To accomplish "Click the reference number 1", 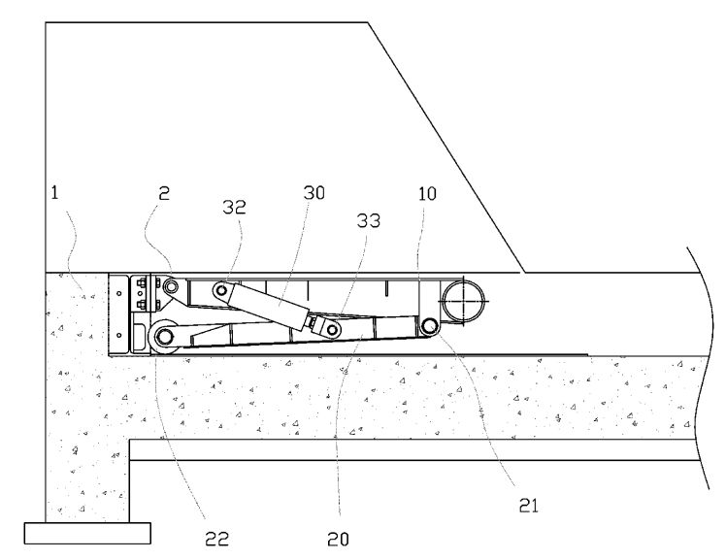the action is (x=54, y=192).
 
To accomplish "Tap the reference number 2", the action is (x=164, y=193).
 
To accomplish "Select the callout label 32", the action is (x=234, y=207).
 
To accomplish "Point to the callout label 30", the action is (x=313, y=192).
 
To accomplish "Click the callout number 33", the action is (x=369, y=220).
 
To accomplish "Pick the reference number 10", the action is (x=427, y=194).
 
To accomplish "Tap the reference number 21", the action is (x=529, y=506).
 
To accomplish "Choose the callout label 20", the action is (x=338, y=540).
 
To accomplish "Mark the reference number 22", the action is (x=216, y=539).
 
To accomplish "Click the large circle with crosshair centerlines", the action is (x=464, y=301).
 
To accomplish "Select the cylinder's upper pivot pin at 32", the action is (x=222, y=290).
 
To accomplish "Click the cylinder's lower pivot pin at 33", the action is (x=332, y=330).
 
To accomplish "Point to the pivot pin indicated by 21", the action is (x=430, y=326).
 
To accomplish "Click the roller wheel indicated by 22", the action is (x=164, y=337).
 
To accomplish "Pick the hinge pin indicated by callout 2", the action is (x=172, y=286).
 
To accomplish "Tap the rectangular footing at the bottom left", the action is (x=87, y=533).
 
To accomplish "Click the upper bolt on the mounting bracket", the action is (x=141, y=283).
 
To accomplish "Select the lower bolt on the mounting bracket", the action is (x=141, y=304).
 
